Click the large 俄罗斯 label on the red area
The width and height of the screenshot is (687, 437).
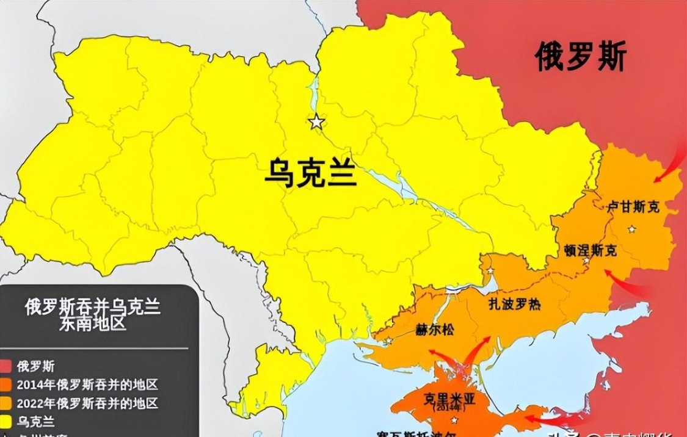coord(580,57)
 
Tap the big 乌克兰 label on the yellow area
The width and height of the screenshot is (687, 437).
coord(310,170)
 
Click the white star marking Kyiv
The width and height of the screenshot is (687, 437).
coord(316,122)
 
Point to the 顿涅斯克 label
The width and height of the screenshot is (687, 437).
coord(590,250)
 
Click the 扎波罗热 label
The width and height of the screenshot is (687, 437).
coord(514,303)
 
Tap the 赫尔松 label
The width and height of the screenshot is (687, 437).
coord(435,330)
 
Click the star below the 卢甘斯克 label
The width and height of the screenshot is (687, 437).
coord(631,229)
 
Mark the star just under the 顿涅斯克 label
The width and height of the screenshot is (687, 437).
coord(586,261)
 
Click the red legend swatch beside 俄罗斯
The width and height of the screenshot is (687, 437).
coord(6,367)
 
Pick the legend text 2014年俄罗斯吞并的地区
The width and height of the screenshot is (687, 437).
coord(87,385)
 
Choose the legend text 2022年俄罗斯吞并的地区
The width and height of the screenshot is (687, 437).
coord(87,403)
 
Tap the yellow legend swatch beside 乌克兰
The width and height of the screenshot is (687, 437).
coord(6,422)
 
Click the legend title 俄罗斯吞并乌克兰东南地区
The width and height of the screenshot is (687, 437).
coord(92,314)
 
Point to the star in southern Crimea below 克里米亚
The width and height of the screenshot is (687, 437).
coord(454,421)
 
